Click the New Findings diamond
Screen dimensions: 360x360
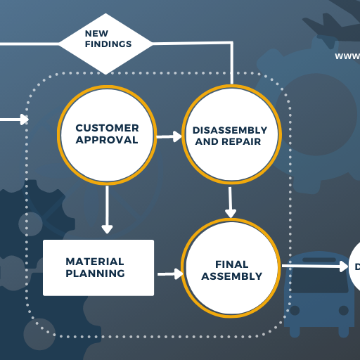(105, 43)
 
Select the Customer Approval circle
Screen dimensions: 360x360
(107, 134)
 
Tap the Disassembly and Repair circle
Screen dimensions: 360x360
(231, 135)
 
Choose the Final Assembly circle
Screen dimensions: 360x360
(231, 269)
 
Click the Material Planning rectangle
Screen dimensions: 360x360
(98, 267)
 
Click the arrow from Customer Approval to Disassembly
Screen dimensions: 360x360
(169, 136)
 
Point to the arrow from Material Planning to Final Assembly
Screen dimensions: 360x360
(169, 273)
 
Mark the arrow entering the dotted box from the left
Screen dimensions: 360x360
(14, 119)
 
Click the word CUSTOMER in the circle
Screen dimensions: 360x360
(107, 128)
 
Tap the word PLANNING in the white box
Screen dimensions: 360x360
(96, 274)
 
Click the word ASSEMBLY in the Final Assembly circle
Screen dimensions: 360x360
(231, 276)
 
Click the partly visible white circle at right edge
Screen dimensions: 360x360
(355, 266)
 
